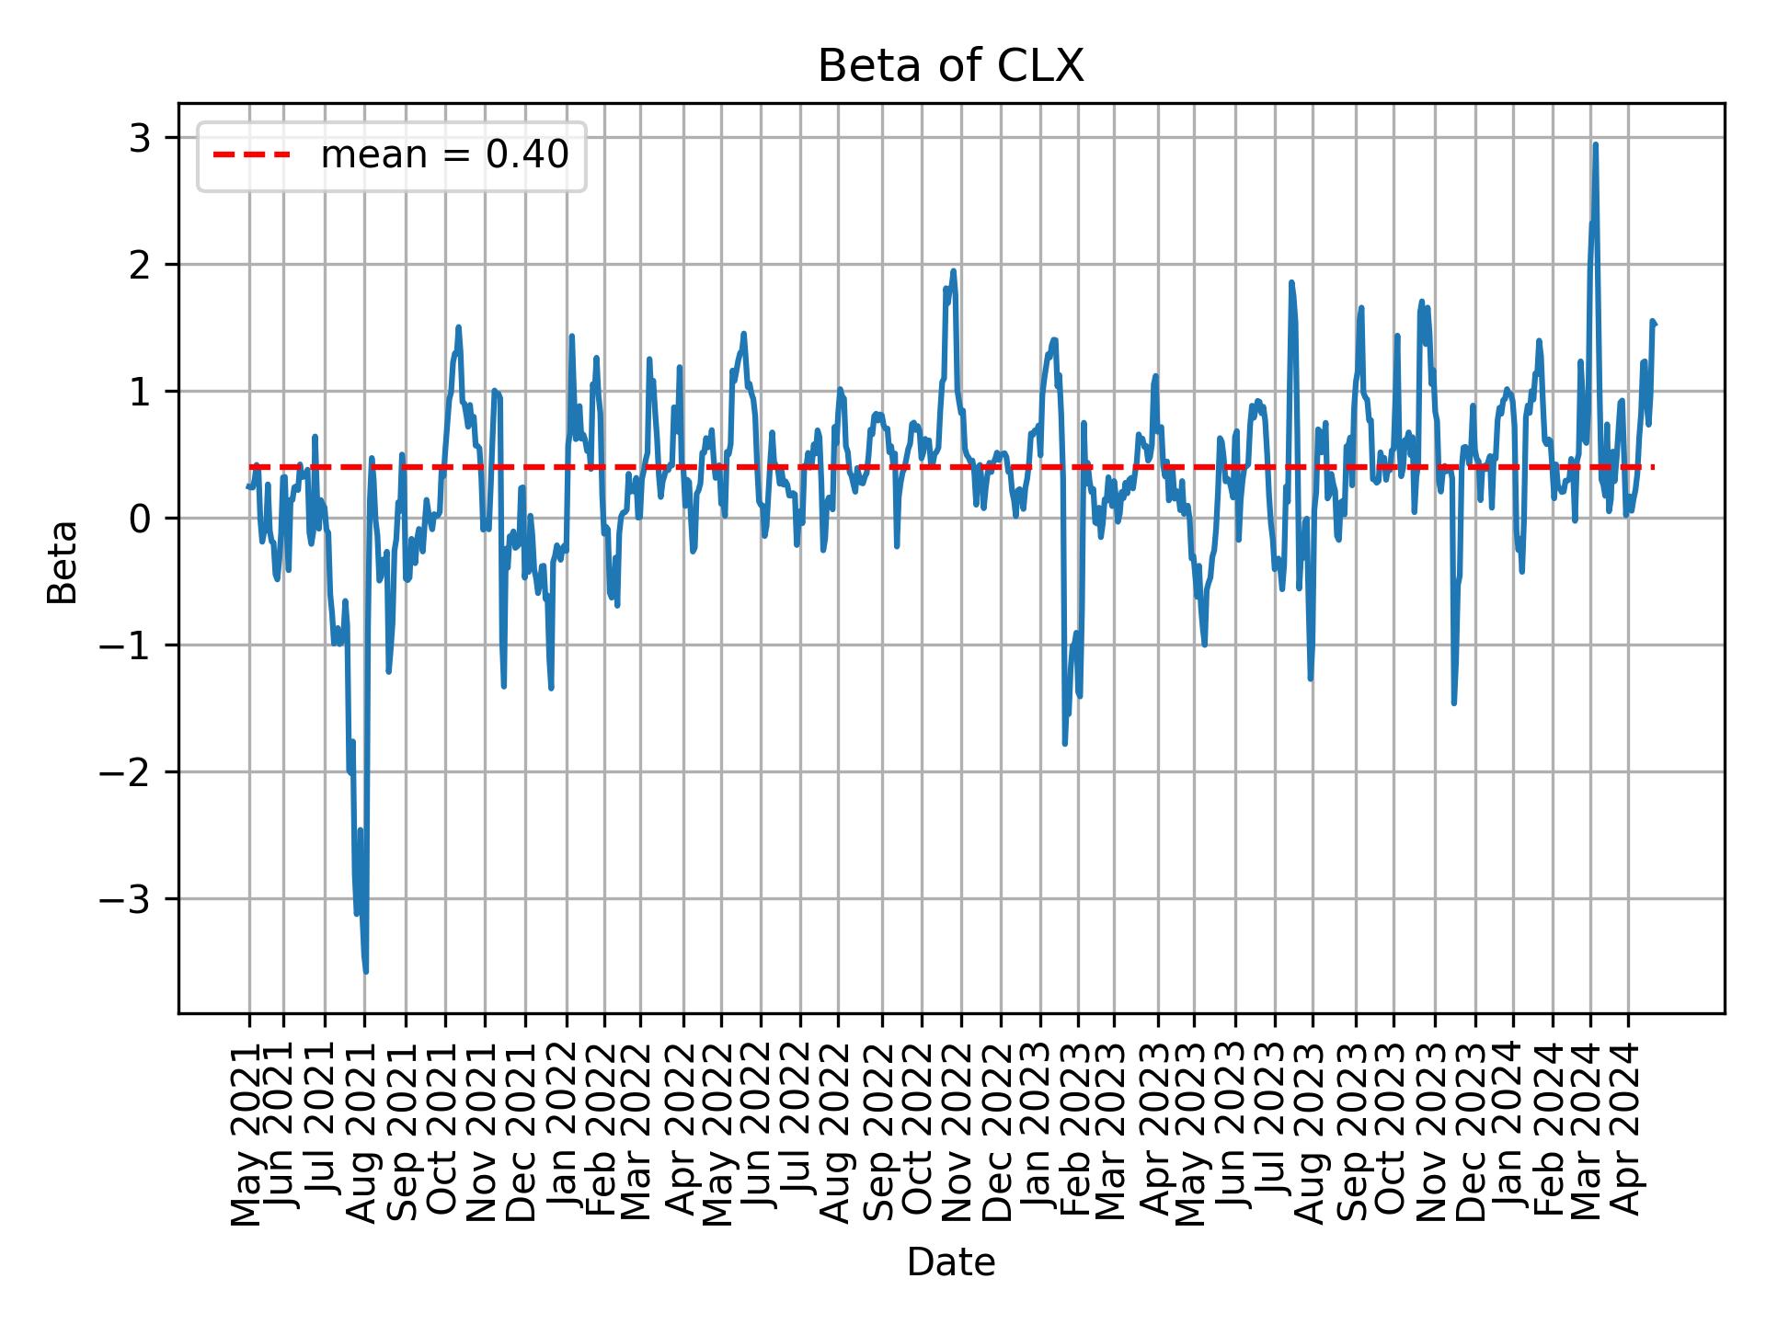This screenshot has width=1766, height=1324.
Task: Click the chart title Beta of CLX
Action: pos(950,67)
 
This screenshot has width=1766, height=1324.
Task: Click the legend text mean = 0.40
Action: pos(444,155)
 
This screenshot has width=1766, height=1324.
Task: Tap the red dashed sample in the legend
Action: pos(251,155)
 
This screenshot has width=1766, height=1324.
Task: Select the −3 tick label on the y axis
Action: pos(126,899)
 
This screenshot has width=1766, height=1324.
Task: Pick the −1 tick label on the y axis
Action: pos(126,645)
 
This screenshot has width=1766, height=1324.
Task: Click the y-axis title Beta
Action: pos(63,561)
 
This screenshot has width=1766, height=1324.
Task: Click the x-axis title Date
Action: pos(950,1262)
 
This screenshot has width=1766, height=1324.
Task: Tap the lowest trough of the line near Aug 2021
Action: pos(366,971)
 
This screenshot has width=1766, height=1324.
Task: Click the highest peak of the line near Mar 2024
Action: pos(1595,145)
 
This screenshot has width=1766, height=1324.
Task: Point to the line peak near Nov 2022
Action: pos(954,271)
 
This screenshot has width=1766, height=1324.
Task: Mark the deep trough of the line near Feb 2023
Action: pos(1064,743)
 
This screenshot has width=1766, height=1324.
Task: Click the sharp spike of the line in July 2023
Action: pos(1291,283)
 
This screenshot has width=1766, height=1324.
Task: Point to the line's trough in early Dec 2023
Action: pos(1453,702)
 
